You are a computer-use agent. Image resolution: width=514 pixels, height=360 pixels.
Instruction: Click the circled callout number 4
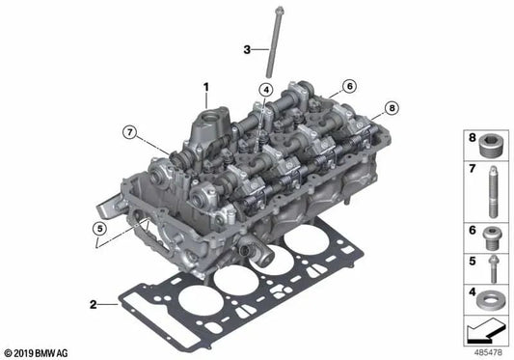[x=262, y=91]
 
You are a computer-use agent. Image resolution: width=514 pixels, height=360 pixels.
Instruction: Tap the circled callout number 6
[x=348, y=86]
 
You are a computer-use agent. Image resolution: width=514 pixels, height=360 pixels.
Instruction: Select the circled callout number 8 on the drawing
[x=392, y=108]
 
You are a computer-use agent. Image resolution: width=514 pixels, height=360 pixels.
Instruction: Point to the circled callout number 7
[x=128, y=131]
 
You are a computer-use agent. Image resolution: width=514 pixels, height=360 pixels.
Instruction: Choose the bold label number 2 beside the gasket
[x=95, y=305]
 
